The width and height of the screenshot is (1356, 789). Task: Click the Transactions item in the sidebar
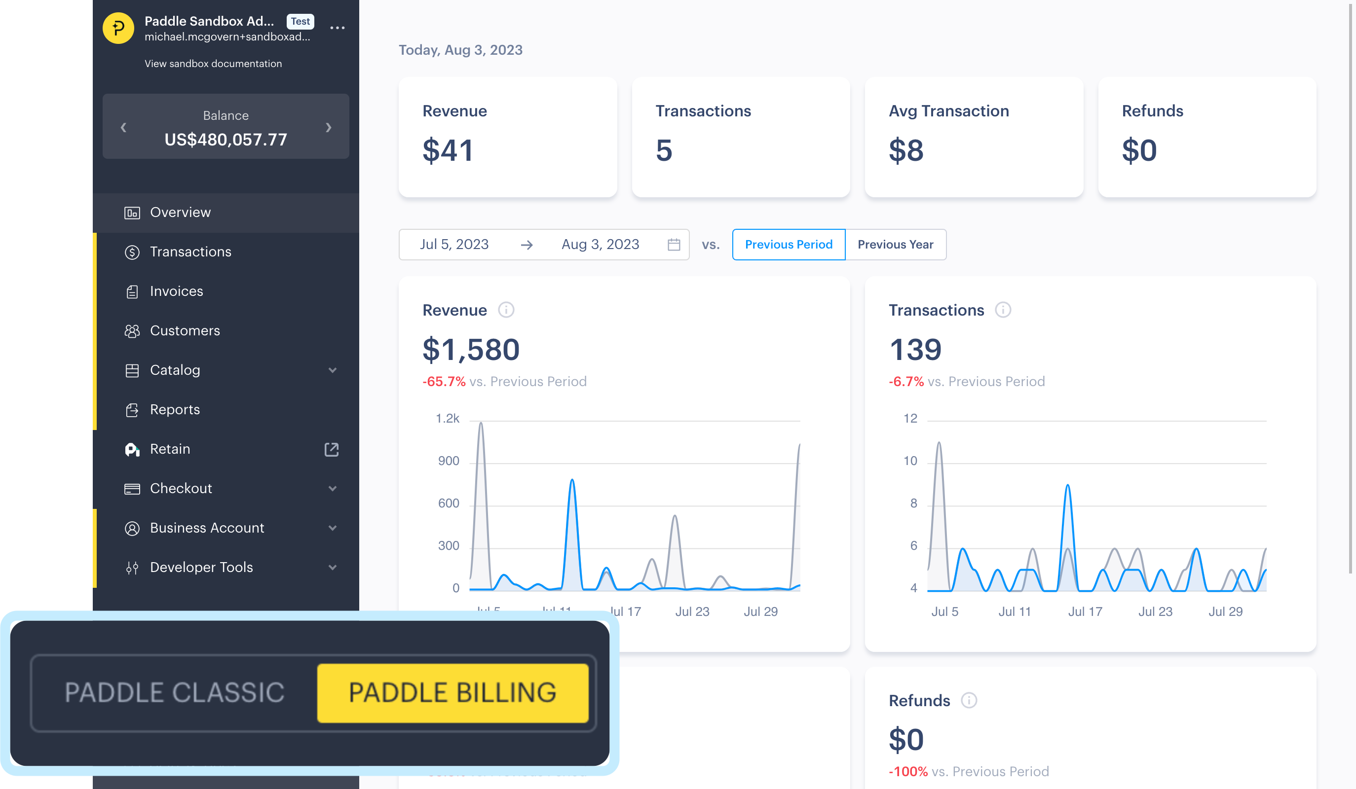190,251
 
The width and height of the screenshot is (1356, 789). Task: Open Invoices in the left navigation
176,291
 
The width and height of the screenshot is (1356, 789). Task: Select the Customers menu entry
185,330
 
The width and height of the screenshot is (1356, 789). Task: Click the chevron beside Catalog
333,370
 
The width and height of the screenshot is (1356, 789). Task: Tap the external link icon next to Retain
332,449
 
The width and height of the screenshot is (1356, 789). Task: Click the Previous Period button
789,244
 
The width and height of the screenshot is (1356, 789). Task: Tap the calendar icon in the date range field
674,244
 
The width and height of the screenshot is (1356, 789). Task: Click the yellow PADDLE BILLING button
452,692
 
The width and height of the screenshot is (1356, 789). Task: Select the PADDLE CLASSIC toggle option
174,692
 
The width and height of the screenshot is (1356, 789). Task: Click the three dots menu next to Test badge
338,28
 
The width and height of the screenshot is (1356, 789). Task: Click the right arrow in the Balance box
328,127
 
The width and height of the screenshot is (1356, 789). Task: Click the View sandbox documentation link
213,64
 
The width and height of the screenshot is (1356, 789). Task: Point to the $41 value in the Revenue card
448,150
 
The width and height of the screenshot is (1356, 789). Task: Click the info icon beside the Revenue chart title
506,310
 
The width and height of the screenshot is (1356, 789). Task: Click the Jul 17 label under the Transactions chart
1085,611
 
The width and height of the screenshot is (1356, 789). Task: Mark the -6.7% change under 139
906,381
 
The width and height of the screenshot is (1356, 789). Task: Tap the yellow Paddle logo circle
118,28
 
